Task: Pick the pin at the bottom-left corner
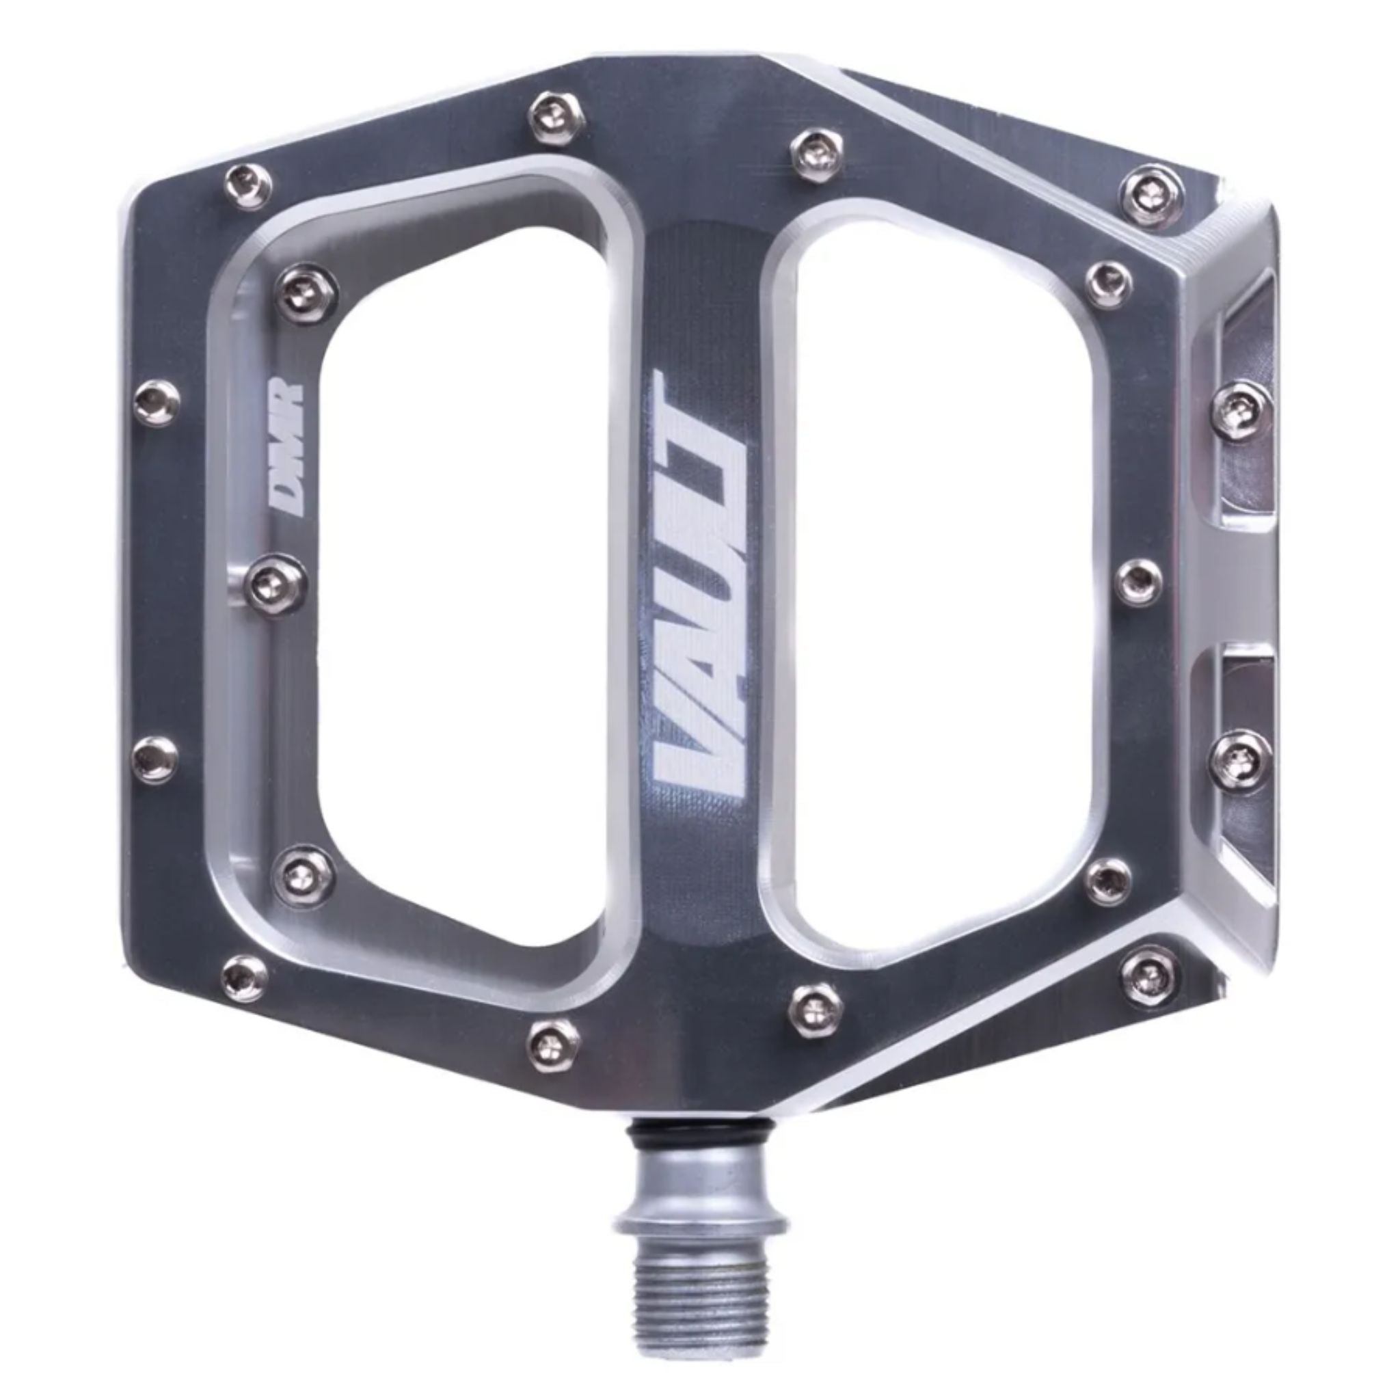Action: [247, 975]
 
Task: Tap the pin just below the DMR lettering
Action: [278, 580]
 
